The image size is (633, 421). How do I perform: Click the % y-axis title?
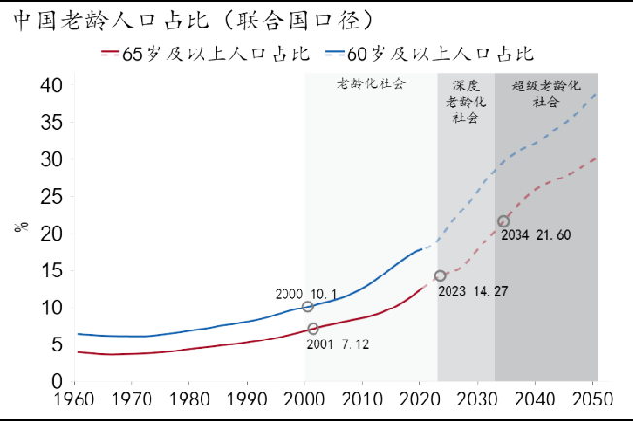pos(20,227)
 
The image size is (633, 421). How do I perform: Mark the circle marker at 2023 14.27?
pos(439,275)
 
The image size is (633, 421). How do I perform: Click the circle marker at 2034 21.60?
pos(503,221)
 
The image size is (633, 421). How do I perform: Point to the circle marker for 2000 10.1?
pos(308,307)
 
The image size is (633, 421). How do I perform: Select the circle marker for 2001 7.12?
pos(313,329)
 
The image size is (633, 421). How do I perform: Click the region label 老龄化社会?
pos(370,85)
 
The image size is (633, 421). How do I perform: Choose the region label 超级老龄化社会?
pos(546,93)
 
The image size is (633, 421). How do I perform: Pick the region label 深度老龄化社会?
pos(465,101)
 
